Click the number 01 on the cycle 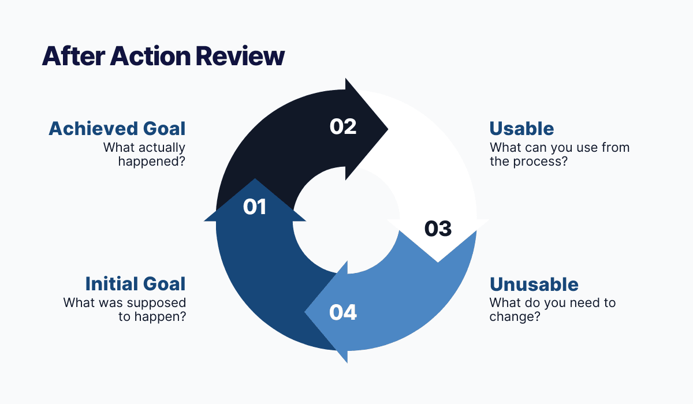coord(255,207)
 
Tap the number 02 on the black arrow coord(343,126)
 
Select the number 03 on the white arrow coord(438,229)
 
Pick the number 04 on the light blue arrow coord(343,312)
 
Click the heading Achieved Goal coord(117,128)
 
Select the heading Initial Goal coord(135,284)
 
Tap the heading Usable coord(521,128)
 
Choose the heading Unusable coord(534,284)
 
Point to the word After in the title coord(73,57)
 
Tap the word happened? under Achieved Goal coord(152,162)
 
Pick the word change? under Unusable coord(515,317)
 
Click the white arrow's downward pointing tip coord(438,261)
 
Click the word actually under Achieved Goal coord(161,147)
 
